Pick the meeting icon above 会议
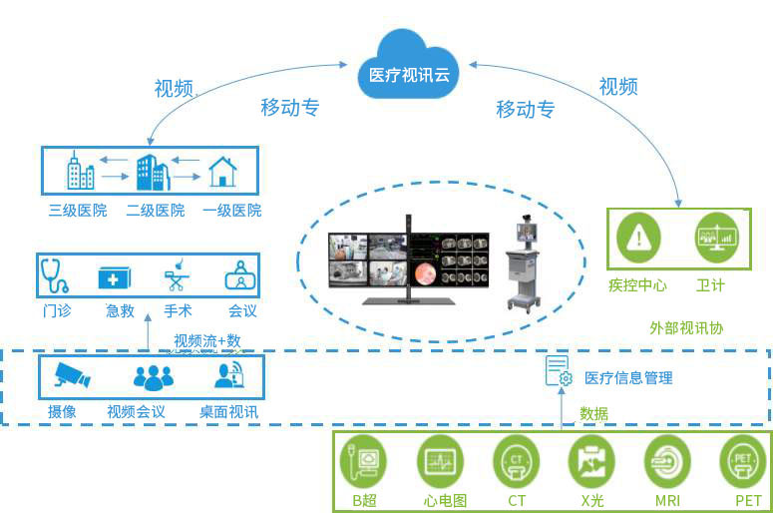(240, 275)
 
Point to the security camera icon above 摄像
(72, 376)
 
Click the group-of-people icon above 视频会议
(153, 377)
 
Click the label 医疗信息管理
(628, 378)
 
